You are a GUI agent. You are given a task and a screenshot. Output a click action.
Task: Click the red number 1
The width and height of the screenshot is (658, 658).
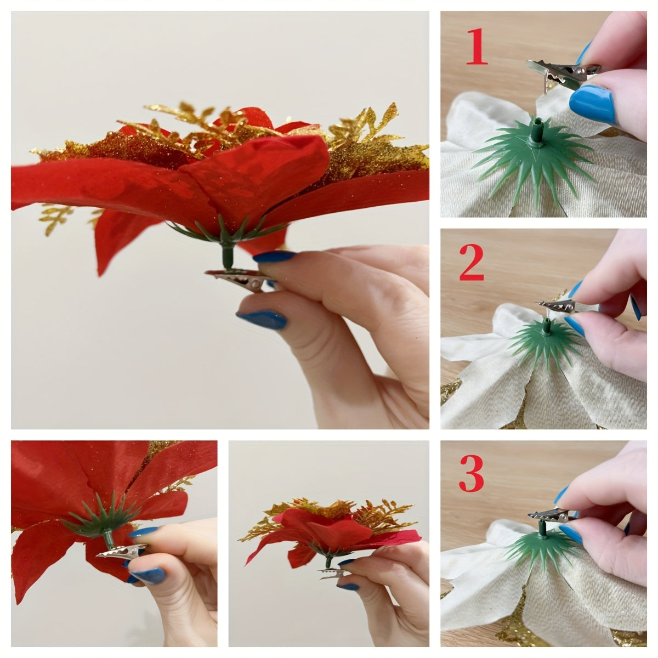(475, 48)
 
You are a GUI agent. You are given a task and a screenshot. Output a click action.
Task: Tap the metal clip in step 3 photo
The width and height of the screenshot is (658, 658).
(551, 515)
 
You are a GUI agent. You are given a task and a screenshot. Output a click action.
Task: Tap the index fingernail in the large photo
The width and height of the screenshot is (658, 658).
(273, 257)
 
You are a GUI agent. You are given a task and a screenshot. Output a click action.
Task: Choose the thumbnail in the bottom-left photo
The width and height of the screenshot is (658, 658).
(147, 575)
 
